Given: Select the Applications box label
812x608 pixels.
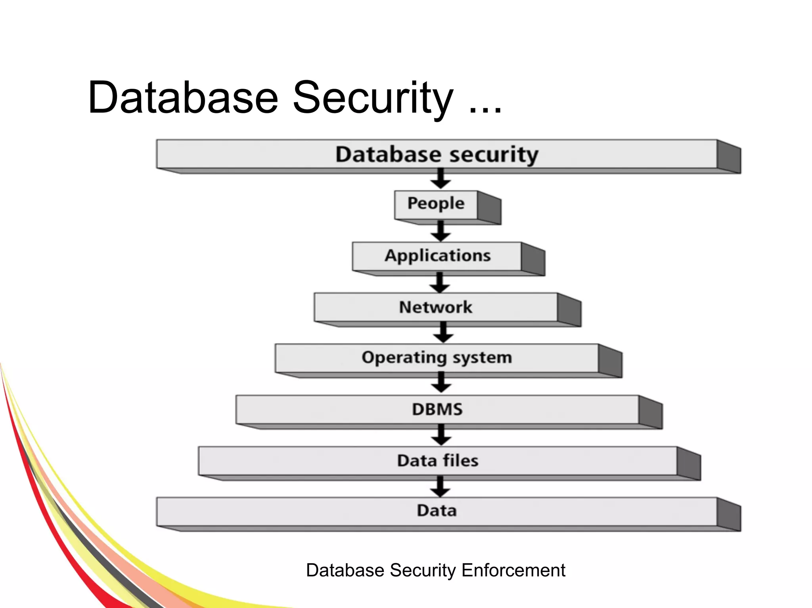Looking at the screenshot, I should click(437, 256).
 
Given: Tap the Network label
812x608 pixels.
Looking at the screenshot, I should click(435, 307).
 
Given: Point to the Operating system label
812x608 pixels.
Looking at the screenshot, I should click(437, 358).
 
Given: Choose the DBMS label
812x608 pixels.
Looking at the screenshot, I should click(437, 409).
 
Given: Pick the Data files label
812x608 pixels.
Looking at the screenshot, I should click(438, 461).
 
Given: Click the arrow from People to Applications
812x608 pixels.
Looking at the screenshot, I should click(440, 231).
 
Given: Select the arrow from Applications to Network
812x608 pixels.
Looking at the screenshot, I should click(440, 283).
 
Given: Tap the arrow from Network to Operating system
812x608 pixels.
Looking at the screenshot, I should click(443, 333).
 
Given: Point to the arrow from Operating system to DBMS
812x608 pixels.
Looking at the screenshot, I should click(441, 383).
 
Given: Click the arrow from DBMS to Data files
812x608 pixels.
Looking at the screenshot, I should click(441, 435).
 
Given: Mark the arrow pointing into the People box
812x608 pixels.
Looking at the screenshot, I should click(440, 179).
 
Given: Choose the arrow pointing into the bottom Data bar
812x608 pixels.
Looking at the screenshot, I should click(440, 487).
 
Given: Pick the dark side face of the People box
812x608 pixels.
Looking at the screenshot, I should click(489, 208).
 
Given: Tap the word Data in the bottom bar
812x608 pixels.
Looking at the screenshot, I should click(437, 511).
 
